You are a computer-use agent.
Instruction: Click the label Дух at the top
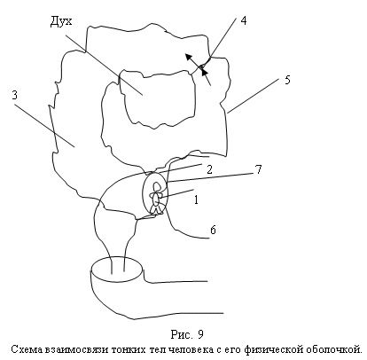click(x=61, y=21)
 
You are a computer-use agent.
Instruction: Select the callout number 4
click(x=244, y=20)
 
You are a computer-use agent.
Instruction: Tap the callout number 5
click(x=287, y=80)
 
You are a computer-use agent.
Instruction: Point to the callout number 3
click(x=15, y=95)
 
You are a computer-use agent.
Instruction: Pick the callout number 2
click(x=209, y=169)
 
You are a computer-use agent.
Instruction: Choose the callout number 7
click(x=258, y=169)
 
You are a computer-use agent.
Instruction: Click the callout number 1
click(x=197, y=200)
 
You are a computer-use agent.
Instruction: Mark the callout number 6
click(x=213, y=230)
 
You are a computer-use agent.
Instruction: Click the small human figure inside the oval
click(x=156, y=198)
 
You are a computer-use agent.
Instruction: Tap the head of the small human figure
click(x=156, y=187)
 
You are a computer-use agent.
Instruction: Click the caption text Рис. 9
click(x=187, y=334)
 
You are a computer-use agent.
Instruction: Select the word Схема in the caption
click(x=27, y=349)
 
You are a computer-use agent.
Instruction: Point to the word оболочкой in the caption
click(x=333, y=349)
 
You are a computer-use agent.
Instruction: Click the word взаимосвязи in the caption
click(x=76, y=349)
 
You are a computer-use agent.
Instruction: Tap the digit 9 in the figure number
click(x=200, y=334)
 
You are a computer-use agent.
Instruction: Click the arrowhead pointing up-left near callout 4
click(x=188, y=57)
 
